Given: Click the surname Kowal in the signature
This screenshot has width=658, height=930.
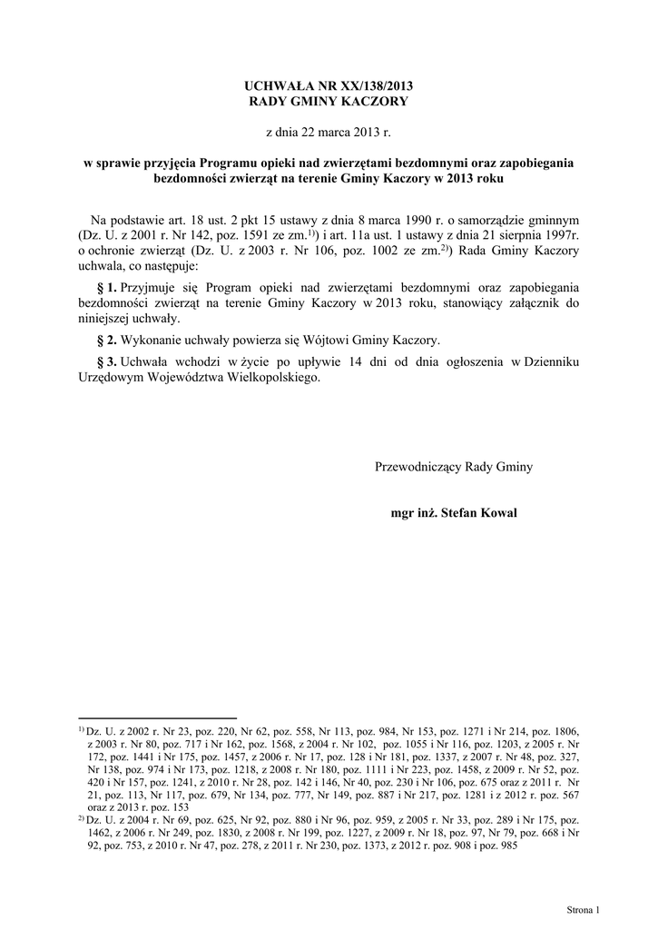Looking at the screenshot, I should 498,513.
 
